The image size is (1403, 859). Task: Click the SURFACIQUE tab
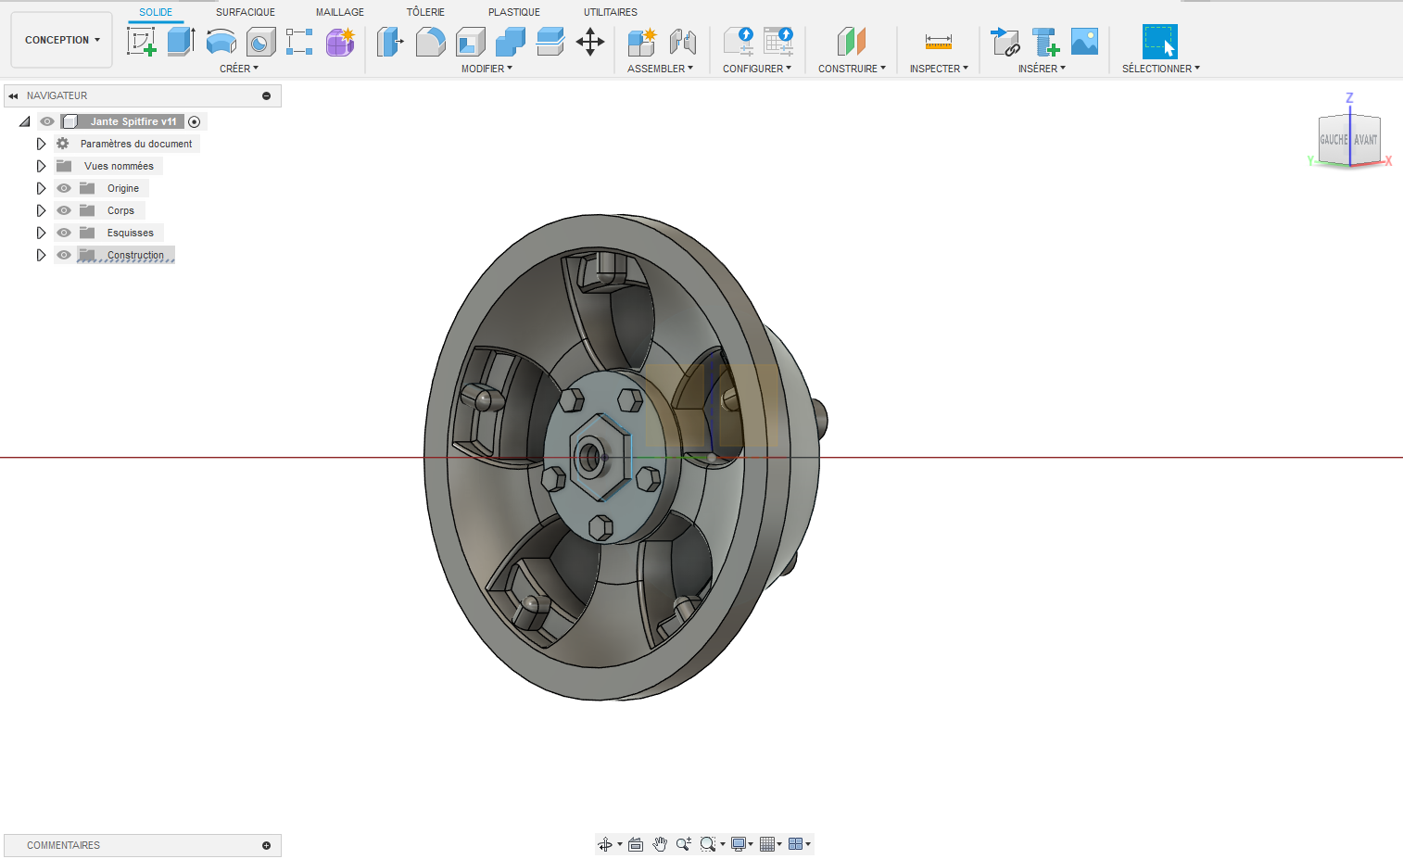245,12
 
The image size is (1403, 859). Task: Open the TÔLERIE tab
425,12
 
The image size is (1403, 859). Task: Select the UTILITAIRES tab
610,12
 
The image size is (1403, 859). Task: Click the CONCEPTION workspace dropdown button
61,40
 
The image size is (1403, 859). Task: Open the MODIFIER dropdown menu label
487,69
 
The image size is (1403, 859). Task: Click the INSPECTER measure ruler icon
938,42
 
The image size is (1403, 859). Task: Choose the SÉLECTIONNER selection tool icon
1159,42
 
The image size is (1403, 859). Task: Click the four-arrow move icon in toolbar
590,42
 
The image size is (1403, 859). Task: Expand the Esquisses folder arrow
41,233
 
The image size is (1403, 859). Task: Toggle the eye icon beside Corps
64,210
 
